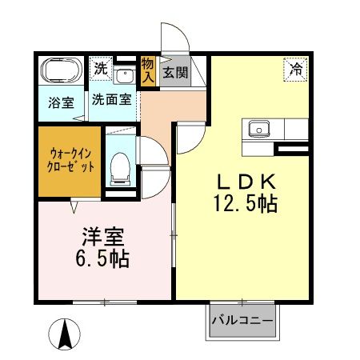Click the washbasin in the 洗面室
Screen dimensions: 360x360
pyautogui.click(x=123, y=76)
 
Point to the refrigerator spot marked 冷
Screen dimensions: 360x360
pyautogui.click(x=296, y=70)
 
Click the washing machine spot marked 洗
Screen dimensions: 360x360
pyautogui.click(x=99, y=70)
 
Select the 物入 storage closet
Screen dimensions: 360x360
pyautogui.click(x=148, y=70)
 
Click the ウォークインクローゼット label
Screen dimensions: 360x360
pyautogui.click(x=68, y=159)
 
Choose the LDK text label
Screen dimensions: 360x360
pyautogui.click(x=245, y=179)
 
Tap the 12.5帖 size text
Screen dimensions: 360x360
pyautogui.click(x=245, y=205)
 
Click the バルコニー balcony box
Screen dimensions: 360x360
pyautogui.click(x=243, y=321)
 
